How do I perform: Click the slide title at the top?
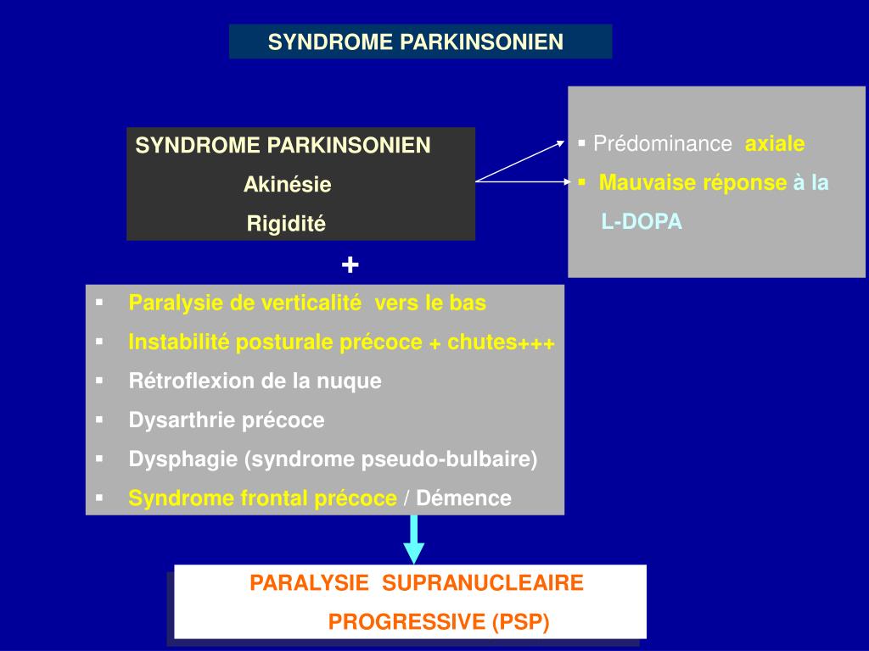coord(416,42)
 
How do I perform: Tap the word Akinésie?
coord(287,185)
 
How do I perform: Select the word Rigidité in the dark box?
coord(286,224)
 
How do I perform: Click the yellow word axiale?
coord(775,144)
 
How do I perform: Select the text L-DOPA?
coord(642,222)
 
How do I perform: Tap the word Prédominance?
coord(663,144)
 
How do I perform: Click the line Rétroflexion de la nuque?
coord(255,381)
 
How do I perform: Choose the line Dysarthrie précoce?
coord(227,420)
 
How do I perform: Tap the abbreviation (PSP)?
coord(520,623)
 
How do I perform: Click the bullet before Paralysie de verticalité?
coord(100,303)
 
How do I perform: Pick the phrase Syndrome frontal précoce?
coord(262,498)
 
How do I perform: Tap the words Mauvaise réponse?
coord(692,183)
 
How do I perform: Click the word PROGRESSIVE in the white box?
coord(406,623)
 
